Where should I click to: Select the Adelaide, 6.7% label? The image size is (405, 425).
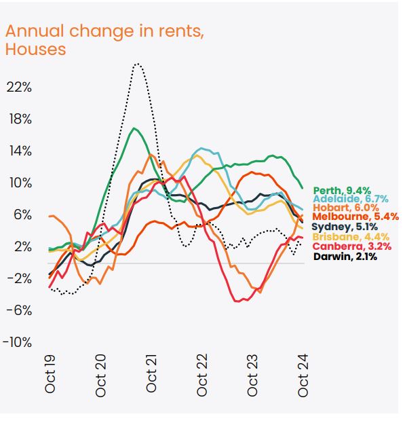click(349, 199)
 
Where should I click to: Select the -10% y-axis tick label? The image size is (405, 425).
click(18, 342)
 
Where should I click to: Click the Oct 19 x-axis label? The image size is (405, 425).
click(50, 375)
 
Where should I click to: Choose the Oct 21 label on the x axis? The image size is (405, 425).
click(151, 375)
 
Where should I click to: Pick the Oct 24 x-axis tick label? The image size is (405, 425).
click(303, 375)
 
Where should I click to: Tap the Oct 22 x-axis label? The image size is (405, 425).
click(202, 375)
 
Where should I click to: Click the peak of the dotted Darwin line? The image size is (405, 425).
click(137, 64)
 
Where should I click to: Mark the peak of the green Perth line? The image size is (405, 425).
click(134, 128)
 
